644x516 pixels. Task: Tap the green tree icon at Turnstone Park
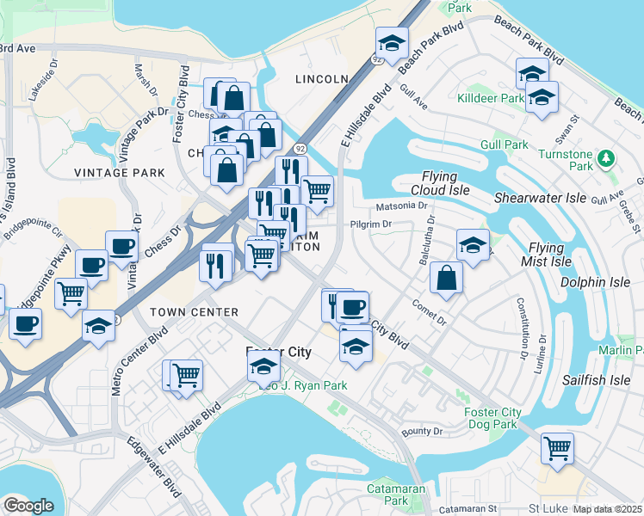click(607, 157)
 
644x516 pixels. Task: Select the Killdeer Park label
click(491, 99)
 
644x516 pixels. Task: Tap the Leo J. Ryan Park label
click(297, 385)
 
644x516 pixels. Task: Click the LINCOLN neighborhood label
click(321, 79)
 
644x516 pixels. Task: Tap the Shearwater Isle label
click(540, 198)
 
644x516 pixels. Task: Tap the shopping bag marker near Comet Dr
click(446, 277)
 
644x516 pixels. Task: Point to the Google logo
click(28, 506)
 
